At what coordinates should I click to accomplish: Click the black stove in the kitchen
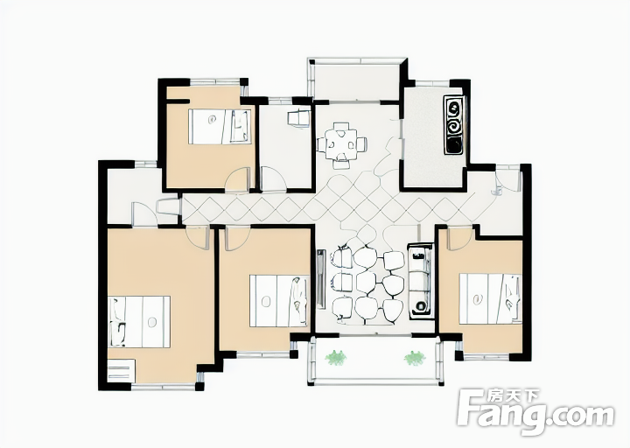tap(453, 124)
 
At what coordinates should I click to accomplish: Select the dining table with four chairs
tap(341, 144)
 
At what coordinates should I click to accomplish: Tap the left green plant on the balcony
tap(336, 357)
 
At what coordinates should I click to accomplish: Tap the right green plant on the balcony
tap(415, 357)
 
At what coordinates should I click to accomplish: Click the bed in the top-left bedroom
tap(220, 127)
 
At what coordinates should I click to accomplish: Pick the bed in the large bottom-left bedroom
tap(139, 322)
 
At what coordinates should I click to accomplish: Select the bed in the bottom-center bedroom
tap(279, 300)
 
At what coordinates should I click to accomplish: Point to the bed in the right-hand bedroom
tap(491, 298)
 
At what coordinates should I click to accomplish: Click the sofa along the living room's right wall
tap(421, 281)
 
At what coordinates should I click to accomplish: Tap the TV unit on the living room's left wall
tap(320, 279)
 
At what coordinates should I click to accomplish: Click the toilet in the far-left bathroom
tap(168, 207)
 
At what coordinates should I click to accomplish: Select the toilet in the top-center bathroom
tap(299, 119)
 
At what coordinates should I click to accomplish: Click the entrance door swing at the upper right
tap(507, 180)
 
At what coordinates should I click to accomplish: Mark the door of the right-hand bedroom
tap(459, 239)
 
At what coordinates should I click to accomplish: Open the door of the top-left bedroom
tap(239, 180)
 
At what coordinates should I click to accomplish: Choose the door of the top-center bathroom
tap(273, 180)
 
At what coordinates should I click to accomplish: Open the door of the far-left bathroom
tap(143, 213)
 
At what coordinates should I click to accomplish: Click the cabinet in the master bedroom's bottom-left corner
tap(122, 371)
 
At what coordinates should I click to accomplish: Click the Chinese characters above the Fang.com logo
tap(512, 397)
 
